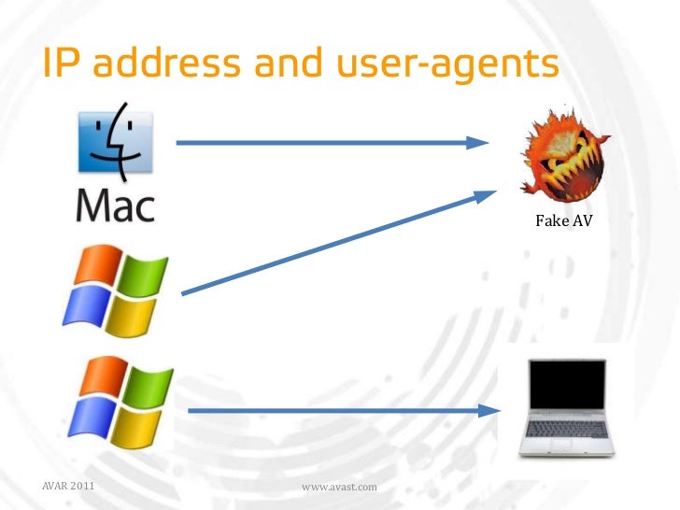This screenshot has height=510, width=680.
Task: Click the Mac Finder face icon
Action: click(x=114, y=143)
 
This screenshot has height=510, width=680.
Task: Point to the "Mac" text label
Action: click(x=114, y=204)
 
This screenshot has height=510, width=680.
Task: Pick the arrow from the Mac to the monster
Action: click(x=332, y=143)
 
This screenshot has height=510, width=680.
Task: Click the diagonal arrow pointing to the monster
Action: click(x=336, y=243)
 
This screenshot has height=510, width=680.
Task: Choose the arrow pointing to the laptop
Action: click(x=341, y=409)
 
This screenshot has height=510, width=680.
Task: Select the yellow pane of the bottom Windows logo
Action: click(x=143, y=425)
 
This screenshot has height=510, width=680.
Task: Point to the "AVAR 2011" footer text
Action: click(x=67, y=486)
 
